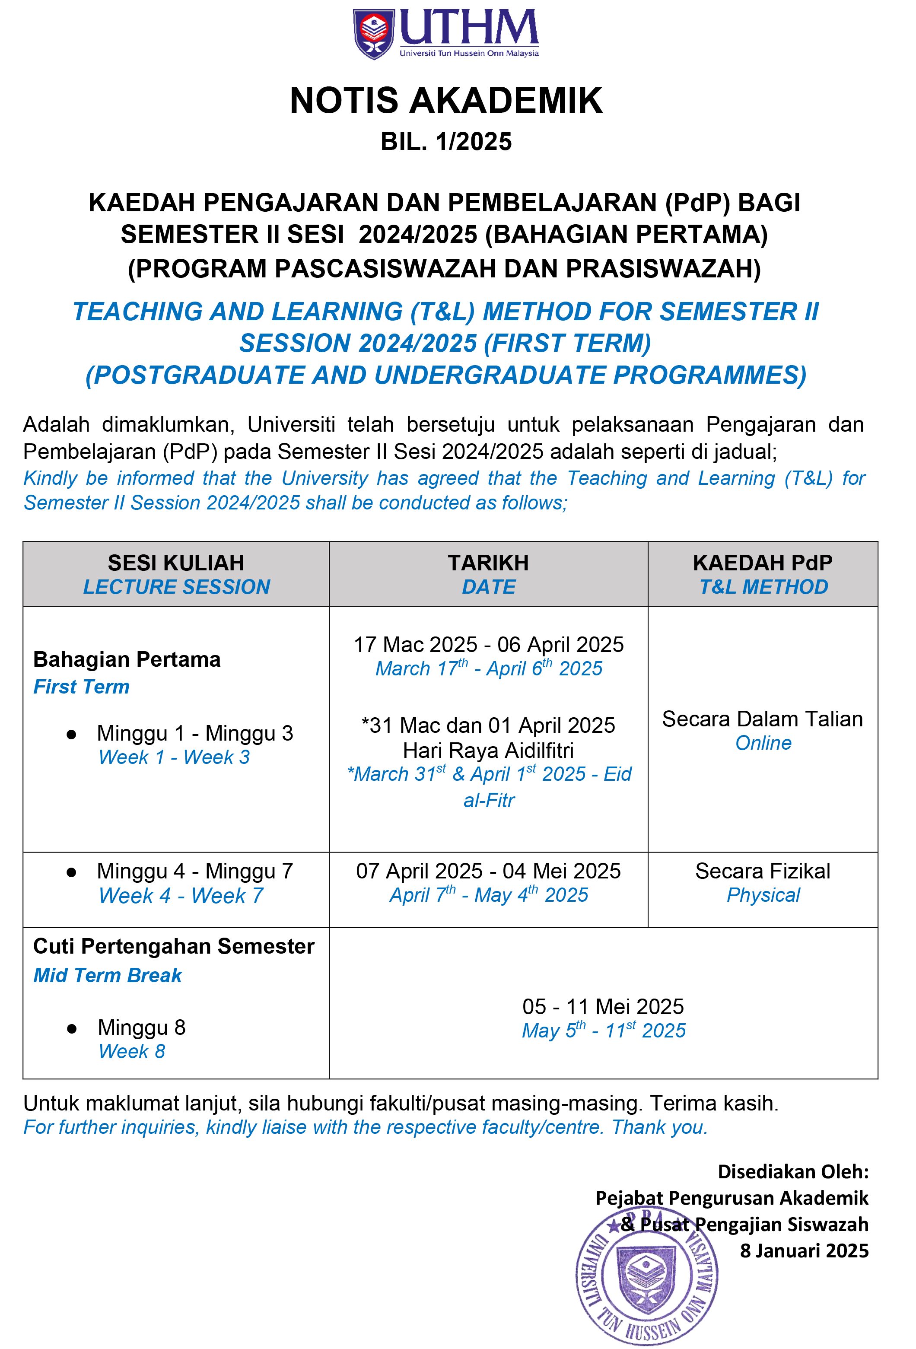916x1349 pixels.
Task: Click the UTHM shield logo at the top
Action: pyautogui.click(x=373, y=34)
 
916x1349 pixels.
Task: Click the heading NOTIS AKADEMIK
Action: pyautogui.click(x=446, y=100)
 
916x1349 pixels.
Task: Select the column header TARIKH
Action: pyautogui.click(x=488, y=563)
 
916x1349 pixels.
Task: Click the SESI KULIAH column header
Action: pyautogui.click(x=176, y=563)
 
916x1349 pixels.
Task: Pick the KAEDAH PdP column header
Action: pyautogui.click(x=762, y=563)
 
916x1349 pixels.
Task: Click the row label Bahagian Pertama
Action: pyautogui.click(x=127, y=659)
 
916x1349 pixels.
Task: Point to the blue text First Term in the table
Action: pyautogui.click(x=81, y=687)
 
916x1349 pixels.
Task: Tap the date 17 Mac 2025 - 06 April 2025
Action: pyautogui.click(x=488, y=644)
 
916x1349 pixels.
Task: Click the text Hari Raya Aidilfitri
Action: pyautogui.click(x=488, y=751)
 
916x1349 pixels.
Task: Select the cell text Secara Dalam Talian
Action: pyautogui.click(x=762, y=719)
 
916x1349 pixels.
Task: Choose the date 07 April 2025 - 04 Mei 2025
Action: pyautogui.click(x=488, y=871)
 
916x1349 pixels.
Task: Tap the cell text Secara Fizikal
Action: pyautogui.click(x=762, y=871)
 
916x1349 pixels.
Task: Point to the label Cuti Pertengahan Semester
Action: pyautogui.click(x=174, y=946)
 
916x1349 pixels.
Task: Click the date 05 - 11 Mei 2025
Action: pyautogui.click(x=603, y=1006)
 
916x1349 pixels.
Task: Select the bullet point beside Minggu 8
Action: pyautogui.click(x=71, y=1028)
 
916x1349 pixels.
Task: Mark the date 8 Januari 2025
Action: pyautogui.click(x=804, y=1250)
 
